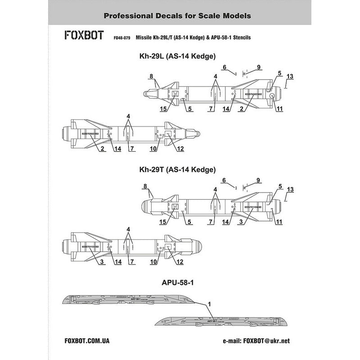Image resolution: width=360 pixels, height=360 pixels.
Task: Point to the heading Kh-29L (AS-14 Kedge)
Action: pos(179,57)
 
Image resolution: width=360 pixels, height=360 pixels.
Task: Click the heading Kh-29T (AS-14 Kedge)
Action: pos(179,170)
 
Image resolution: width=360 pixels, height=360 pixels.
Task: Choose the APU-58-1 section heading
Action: pos(180,284)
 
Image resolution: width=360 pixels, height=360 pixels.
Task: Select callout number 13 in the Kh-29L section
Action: pos(290,76)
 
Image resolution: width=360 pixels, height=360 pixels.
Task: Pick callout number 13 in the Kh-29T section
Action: pos(290,189)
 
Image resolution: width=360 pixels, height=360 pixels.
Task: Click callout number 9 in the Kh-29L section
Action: pos(259,67)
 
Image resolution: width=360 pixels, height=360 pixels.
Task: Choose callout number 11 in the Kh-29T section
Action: pos(279,222)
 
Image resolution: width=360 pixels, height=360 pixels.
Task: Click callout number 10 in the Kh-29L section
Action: pos(153,148)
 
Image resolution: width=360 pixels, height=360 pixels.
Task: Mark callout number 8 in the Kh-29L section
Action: pos(151,76)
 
